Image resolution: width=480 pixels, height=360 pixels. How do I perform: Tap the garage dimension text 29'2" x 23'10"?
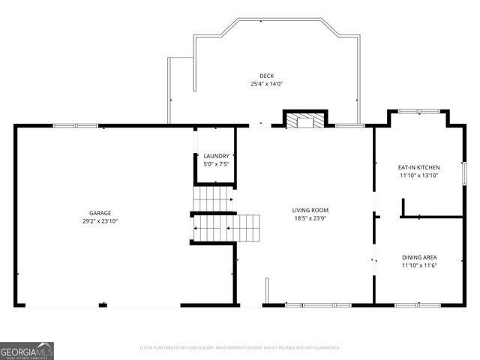[x=100, y=221]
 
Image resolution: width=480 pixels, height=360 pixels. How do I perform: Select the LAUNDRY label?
[x=216, y=155]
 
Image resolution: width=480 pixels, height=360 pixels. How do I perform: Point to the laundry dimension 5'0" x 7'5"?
[x=216, y=163]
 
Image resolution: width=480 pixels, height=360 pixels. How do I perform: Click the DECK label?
[x=266, y=76]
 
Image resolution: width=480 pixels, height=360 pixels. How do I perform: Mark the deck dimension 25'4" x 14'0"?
[x=266, y=84]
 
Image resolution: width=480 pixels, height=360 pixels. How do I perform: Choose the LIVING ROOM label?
[x=310, y=211]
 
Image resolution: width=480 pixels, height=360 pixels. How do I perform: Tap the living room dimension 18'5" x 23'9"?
[x=310, y=219]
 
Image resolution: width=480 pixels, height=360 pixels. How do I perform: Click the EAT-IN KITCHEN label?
[x=418, y=167]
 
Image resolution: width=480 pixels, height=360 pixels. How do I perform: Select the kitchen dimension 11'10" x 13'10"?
[x=418, y=175]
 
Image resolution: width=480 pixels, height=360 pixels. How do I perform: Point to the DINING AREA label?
[x=418, y=257]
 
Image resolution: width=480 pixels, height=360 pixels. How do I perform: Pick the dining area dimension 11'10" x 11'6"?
[x=418, y=265]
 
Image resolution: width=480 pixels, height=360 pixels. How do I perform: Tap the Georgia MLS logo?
[x=27, y=350]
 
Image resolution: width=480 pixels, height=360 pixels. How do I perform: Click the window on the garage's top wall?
[x=75, y=126]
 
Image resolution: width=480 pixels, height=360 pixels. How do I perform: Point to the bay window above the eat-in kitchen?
[x=419, y=112]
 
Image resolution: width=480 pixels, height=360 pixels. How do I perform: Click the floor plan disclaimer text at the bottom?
[x=240, y=348]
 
